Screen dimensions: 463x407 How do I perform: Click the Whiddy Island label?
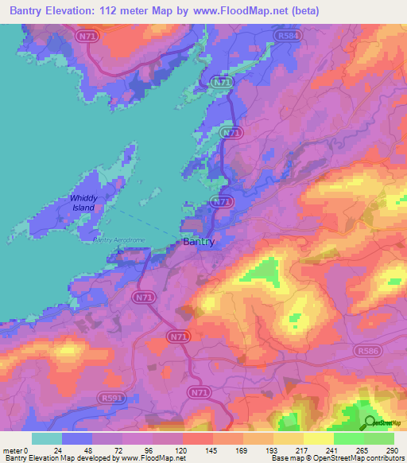pyautogui.click(x=82, y=203)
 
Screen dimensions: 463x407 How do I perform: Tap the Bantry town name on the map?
pyautogui.click(x=198, y=242)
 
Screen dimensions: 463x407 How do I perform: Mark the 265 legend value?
pyautogui.click(x=363, y=450)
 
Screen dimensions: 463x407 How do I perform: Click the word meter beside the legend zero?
pyautogui.click(x=13, y=450)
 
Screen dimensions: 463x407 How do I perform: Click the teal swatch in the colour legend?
pyautogui.click(x=46, y=438)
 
